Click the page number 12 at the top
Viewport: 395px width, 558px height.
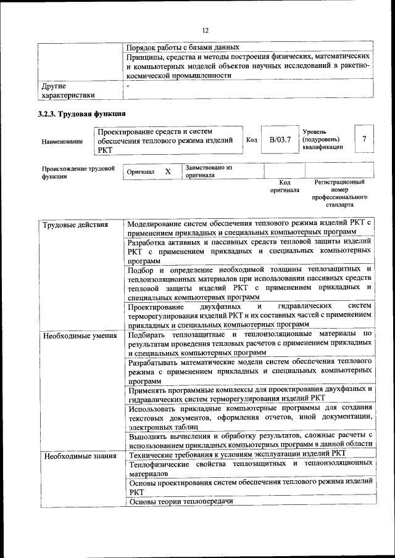pos(205,30)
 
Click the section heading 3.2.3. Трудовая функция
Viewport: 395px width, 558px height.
pos(82,113)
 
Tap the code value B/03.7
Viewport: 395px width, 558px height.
pos(280,140)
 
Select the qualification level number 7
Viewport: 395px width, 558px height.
pos(364,139)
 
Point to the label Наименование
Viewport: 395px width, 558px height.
pos(62,142)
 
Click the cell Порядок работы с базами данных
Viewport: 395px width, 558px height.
pos(183,47)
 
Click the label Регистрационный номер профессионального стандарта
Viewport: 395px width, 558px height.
pos(339,193)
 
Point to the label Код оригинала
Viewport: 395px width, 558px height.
pos(284,186)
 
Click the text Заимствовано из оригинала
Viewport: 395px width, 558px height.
pos(209,171)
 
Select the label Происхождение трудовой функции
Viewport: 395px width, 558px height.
pos(78,172)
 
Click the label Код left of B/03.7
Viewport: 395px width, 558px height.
pos(251,140)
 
